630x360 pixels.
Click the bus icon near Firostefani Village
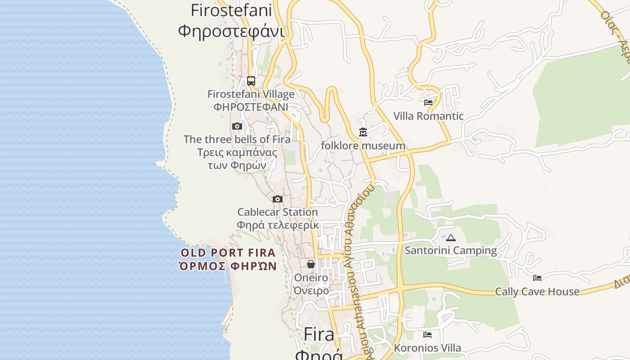pos(251,81)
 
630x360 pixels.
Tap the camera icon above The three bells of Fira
pos(237,126)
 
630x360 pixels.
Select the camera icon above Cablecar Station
pos(278,199)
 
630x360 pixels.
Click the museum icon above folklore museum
pos(363,132)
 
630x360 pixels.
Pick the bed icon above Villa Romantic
pos(428,103)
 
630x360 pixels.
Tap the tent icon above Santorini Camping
pos(451,238)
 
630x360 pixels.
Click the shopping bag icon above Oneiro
pos(311,264)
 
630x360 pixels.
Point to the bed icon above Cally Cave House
pos(537,278)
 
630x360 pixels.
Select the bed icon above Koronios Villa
pos(427,335)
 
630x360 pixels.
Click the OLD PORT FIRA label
pos(228,252)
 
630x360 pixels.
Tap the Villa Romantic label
pos(428,116)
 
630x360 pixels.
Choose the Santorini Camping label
pos(451,251)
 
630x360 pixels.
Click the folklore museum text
pos(363,146)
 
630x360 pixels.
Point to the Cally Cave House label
pos(537,292)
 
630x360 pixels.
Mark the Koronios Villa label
pos(427,348)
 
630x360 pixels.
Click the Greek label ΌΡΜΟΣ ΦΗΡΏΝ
pos(228,266)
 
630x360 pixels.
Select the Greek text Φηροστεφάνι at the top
pos(231,31)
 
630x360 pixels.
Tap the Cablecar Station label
pos(278,212)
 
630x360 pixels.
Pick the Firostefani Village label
pos(251,94)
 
